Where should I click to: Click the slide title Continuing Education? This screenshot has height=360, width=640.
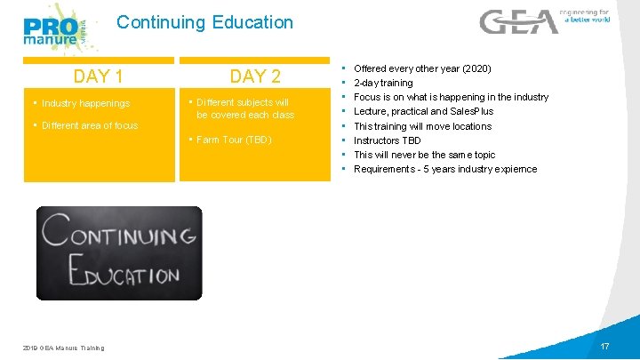[204, 22]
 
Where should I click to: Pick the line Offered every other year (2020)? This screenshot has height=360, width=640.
[422, 68]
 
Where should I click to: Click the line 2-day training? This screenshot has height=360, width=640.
[383, 83]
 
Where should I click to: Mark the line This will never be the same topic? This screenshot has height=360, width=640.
[424, 155]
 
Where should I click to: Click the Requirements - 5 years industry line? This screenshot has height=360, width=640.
[444, 169]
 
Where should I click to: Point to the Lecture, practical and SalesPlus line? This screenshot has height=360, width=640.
[423, 111]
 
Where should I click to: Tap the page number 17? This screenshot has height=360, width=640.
[604, 346]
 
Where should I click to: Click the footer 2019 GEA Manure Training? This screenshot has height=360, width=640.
[63, 348]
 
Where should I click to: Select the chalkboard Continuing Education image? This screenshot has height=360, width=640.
[119, 253]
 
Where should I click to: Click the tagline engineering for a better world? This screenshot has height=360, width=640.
[584, 15]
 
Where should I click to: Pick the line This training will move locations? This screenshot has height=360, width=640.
[422, 126]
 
